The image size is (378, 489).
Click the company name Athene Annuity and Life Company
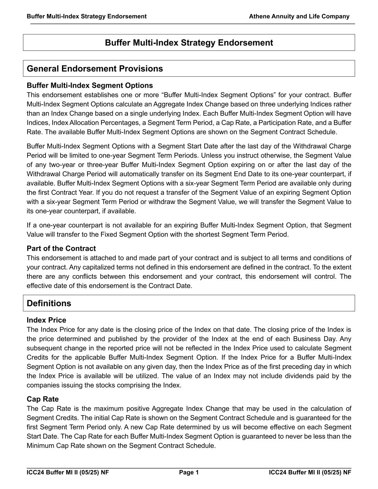(x=299, y=16)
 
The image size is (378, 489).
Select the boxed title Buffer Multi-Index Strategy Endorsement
(x=189, y=43)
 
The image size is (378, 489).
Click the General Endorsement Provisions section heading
(x=95, y=69)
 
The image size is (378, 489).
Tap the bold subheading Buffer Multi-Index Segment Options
(x=90, y=86)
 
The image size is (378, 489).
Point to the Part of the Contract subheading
(x=61, y=249)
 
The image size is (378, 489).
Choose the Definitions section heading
(x=49, y=303)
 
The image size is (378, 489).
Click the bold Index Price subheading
(x=46, y=320)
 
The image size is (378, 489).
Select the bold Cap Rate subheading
(x=43, y=399)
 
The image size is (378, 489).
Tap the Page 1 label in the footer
(x=189, y=473)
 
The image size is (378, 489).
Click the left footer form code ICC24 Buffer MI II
(x=67, y=473)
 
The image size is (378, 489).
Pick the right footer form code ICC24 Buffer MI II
(x=310, y=473)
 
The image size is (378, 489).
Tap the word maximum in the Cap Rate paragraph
(x=100, y=409)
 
